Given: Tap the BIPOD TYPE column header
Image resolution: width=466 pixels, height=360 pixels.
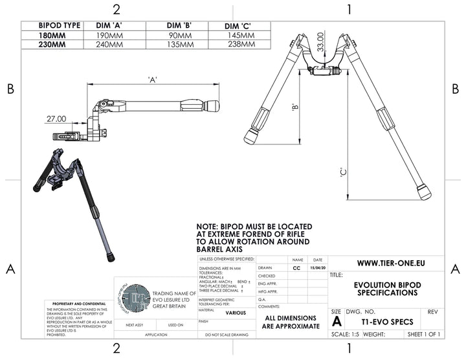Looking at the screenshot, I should pos(51,25).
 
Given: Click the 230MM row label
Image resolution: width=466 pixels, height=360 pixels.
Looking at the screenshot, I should pos(51,45).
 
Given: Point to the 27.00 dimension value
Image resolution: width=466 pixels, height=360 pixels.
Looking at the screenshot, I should pos(56,119).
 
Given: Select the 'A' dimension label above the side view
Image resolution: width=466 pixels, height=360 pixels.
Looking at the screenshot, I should pos(153,80).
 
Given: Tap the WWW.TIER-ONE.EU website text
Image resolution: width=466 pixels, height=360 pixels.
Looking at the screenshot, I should pos(386,264).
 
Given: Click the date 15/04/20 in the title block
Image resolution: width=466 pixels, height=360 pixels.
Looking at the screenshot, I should pos(318,267).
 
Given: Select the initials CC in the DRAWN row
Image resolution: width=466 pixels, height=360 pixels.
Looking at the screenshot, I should pos(296,267).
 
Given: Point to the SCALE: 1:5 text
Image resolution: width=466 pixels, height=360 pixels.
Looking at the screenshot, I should pos(349,334).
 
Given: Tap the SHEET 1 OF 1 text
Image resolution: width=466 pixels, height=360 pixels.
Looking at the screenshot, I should pos(423,334).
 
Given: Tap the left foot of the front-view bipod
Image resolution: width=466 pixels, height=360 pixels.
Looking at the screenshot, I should pos(252,137).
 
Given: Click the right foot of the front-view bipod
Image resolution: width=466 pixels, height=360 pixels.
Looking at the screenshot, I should pos(424,192).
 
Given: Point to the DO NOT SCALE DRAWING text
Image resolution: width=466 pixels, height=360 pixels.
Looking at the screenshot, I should pos(227,335).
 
